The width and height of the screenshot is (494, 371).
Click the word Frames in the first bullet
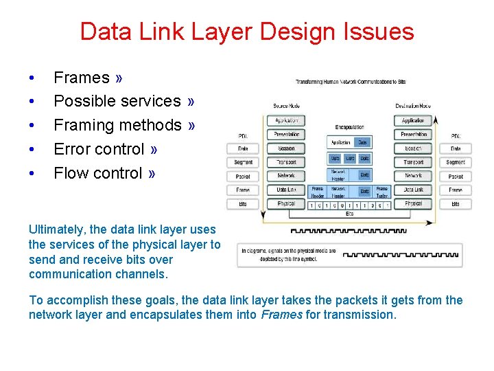(81, 78)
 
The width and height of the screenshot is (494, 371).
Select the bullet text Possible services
(117, 101)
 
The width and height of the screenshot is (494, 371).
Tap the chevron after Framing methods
(191, 125)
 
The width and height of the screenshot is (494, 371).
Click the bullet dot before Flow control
(32, 173)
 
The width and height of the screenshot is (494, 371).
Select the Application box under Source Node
(286, 121)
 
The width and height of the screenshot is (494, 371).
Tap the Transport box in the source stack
(286, 162)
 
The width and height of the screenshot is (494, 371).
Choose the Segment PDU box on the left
(243, 162)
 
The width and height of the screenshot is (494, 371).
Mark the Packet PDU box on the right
(456, 176)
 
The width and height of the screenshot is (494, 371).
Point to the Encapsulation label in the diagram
(350, 127)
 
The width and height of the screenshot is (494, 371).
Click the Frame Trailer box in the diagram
(382, 192)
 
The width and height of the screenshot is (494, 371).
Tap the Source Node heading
(286, 106)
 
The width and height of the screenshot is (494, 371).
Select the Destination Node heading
(413, 106)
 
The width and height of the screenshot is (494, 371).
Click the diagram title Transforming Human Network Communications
(351, 82)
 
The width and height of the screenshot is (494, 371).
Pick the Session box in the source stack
(286, 148)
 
